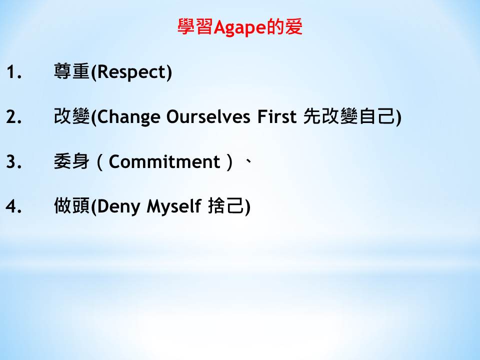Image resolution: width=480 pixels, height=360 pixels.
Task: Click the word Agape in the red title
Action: (x=240, y=28)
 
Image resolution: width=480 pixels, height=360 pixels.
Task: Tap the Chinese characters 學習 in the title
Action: (x=195, y=26)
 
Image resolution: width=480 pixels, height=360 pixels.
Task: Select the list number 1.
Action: (x=14, y=72)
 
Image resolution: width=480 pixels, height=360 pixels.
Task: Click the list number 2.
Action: (x=14, y=116)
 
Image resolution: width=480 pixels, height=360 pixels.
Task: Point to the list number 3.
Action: (x=14, y=161)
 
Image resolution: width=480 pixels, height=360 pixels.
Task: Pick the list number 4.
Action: (x=14, y=206)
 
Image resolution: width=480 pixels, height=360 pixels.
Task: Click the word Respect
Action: (x=131, y=72)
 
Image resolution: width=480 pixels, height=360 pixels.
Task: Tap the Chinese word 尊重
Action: (x=71, y=71)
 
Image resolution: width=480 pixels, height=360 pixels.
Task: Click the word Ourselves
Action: (x=208, y=116)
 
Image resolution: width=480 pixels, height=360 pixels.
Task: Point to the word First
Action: (x=276, y=116)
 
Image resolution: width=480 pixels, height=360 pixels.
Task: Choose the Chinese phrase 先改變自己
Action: (x=349, y=116)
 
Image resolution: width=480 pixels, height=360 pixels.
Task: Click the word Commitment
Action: (x=164, y=161)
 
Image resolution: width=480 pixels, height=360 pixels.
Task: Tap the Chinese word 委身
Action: (x=71, y=161)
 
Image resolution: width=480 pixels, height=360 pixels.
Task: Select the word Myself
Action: (x=174, y=206)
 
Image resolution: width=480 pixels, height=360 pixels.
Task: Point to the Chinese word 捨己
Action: (x=226, y=205)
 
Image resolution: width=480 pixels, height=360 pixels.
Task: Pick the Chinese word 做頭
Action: (x=71, y=205)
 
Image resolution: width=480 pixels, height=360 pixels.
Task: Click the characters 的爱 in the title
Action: (x=284, y=26)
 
